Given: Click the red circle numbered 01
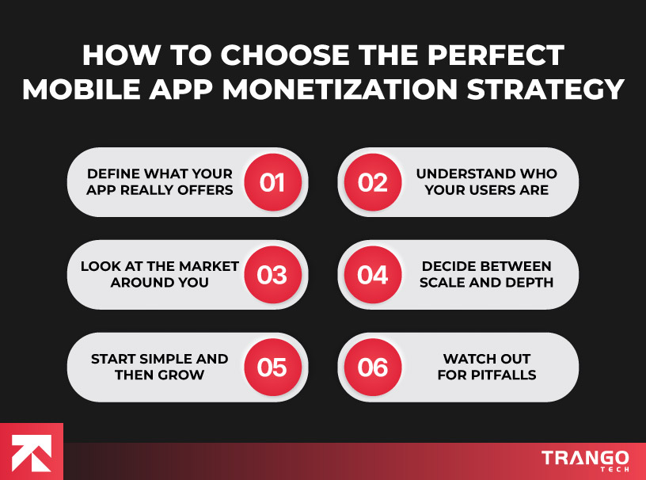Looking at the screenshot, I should coord(272,182).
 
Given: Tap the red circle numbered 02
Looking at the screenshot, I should coord(373,182).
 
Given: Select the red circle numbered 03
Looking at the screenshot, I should coord(272,275).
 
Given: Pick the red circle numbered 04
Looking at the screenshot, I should coord(373,275).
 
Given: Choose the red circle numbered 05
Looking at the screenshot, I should coord(272,367).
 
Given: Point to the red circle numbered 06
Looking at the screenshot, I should coord(373,367).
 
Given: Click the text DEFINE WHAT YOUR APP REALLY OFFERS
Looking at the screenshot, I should coord(160,181).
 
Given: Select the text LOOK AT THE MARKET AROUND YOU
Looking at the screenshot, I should coord(160,274).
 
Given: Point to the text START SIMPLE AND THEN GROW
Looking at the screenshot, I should coord(160,366).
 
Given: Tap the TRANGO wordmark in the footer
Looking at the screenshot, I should coord(585,458).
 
